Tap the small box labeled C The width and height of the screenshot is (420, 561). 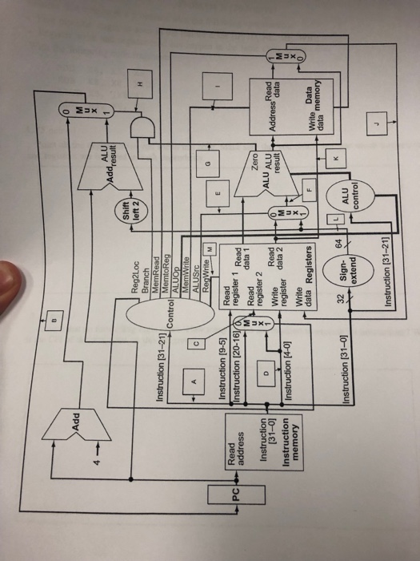194,321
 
